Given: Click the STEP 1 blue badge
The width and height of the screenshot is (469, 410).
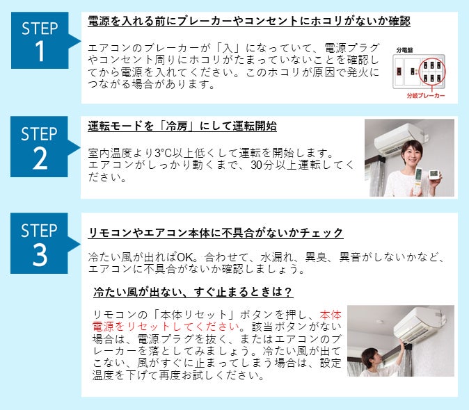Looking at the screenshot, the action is [40, 40].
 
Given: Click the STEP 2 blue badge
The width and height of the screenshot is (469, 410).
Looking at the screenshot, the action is [40, 147].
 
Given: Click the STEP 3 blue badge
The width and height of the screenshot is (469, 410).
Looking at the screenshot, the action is [40, 243].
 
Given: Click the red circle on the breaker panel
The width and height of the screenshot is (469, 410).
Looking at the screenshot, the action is [432, 72].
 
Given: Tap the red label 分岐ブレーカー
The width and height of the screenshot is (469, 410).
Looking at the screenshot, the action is [426, 96].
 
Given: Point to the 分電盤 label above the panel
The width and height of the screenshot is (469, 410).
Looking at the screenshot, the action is [404, 50].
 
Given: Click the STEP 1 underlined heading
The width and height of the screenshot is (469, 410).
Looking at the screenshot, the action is [249, 21].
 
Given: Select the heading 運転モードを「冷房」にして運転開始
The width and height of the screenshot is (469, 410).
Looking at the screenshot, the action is [182, 126].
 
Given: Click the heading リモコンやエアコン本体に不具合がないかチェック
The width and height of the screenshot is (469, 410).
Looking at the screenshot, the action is [216, 233].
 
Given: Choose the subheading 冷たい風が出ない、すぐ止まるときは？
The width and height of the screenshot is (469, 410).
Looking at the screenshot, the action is [193, 292].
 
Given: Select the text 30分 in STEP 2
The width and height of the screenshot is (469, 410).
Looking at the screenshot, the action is [262, 165].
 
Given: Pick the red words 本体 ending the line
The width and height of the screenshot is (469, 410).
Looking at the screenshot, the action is [331, 315].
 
